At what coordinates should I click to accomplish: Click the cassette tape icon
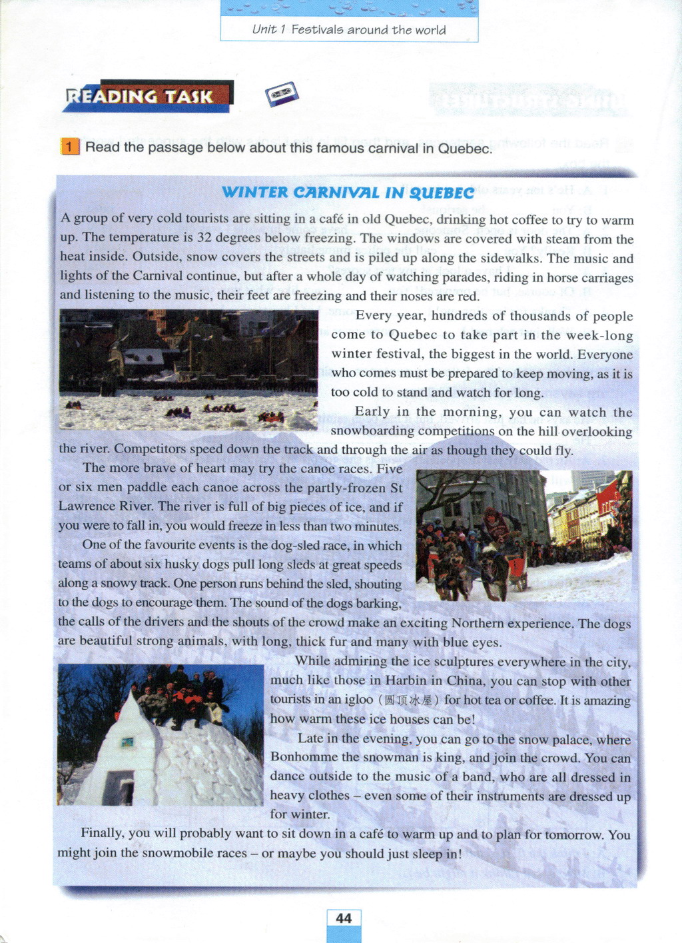coord(282,94)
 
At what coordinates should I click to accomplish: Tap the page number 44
coord(344,918)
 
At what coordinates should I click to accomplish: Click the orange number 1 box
coord(70,147)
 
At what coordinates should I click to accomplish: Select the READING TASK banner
coord(148,97)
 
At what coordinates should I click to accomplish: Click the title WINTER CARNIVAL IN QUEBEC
coord(348,193)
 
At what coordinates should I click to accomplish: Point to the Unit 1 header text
coord(349,30)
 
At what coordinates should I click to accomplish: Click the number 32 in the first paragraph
coord(204,238)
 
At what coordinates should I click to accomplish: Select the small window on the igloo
coord(127,741)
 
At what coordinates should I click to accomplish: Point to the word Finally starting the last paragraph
coord(102,834)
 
